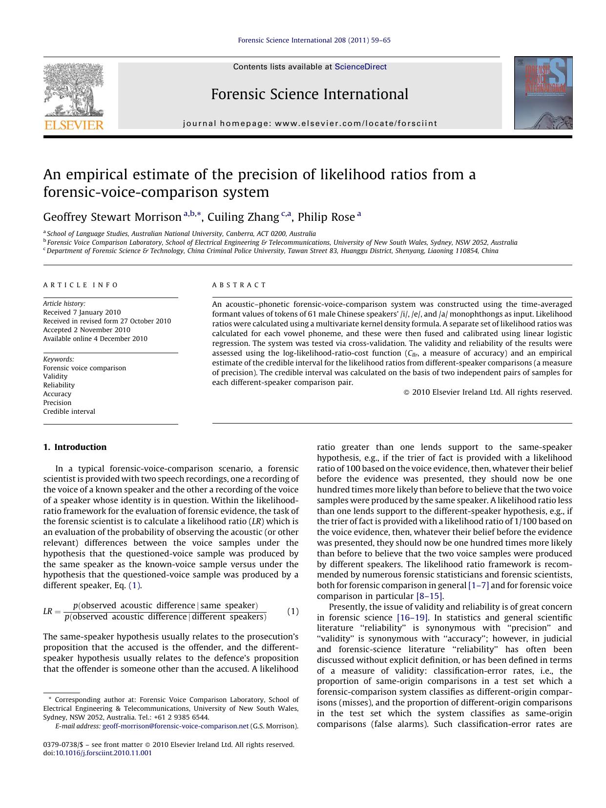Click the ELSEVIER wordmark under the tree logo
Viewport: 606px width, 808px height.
pos(74,125)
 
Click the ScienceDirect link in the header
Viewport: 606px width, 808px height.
pos(360,67)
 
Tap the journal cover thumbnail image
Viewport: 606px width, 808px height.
pos(543,93)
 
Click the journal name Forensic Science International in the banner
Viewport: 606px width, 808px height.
pos(309,94)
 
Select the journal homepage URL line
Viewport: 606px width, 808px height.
pos(310,124)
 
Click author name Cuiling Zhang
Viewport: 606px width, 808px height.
pos(243,217)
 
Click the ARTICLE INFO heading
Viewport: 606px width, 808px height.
pos(81,285)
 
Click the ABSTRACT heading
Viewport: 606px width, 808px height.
pos(239,285)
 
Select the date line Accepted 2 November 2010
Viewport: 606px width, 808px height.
pos(86,330)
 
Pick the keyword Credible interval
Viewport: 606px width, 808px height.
pos(69,411)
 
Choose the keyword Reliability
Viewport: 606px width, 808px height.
pos(59,385)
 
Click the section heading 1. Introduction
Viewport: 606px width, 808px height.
pos(75,447)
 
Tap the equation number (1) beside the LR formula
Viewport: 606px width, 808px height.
pos(293,611)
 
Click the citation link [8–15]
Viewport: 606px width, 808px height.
pos(429,596)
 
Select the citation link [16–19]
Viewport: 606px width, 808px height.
pos(413,617)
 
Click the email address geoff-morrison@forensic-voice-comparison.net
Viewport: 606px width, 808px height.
pos(175,726)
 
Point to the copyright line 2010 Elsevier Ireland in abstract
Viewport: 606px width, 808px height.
pos(491,392)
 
